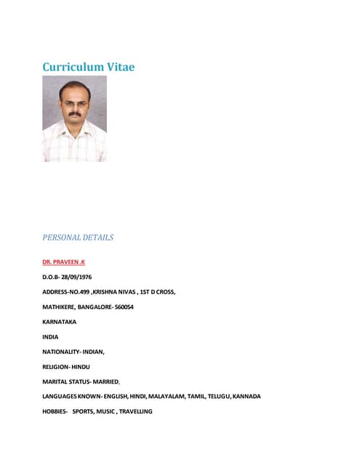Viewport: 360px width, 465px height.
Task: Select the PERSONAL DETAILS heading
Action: coord(78,237)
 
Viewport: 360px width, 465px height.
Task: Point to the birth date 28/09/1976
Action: coord(77,277)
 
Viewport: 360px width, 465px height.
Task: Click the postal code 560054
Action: coord(123,307)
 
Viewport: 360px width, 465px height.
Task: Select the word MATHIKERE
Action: coord(58,307)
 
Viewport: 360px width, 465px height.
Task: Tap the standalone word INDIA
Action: coord(51,336)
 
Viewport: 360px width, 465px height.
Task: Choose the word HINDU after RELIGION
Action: coord(81,366)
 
